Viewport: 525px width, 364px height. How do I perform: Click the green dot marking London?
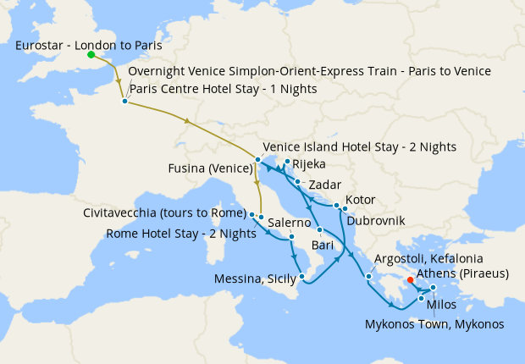click(x=91, y=56)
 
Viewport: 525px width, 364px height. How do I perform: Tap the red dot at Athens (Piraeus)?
click(x=409, y=279)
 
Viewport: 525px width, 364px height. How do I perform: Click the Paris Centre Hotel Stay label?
click(x=223, y=89)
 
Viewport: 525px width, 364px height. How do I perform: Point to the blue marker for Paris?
click(x=124, y=102)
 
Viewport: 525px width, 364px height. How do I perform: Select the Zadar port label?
click(x=326, y=184)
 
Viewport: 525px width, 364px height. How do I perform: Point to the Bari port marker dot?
click(x=319, y=230)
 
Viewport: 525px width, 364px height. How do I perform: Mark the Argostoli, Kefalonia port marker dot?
click(x=369, y=277)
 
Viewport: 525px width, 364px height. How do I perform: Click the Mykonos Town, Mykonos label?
click(x=434, y=323)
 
